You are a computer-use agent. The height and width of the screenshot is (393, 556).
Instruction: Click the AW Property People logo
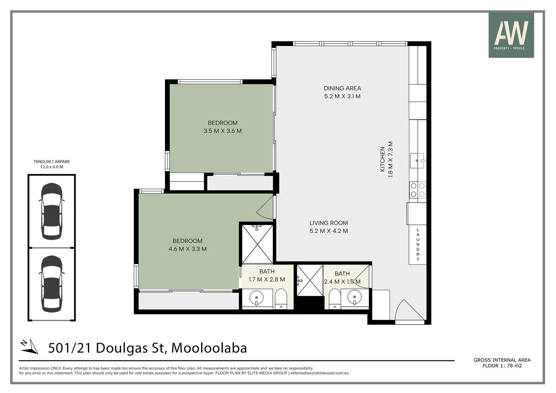(511, 35)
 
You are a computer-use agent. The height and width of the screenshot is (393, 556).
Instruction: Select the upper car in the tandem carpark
(52, 211)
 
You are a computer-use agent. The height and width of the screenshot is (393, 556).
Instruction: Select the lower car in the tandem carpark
(52, 284)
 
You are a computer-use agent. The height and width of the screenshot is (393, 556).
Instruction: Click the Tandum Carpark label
(51, 162)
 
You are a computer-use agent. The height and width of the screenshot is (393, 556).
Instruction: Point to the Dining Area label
(342, 88)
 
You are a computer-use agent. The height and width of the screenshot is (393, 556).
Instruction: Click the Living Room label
(329, 223)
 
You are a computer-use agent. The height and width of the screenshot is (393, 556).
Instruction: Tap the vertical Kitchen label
(382, 159)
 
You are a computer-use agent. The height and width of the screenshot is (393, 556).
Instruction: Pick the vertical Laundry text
(418, 244)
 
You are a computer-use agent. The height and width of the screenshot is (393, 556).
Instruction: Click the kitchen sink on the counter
(417, 160)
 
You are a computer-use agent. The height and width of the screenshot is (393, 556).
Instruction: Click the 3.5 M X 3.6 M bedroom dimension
(222, 131)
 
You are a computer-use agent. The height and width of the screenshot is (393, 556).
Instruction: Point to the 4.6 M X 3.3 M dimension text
(187, 249)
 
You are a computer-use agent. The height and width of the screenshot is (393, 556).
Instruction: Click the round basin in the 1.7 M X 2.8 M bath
(257, 298)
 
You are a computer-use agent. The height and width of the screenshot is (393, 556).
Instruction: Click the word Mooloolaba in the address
(209, 348)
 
